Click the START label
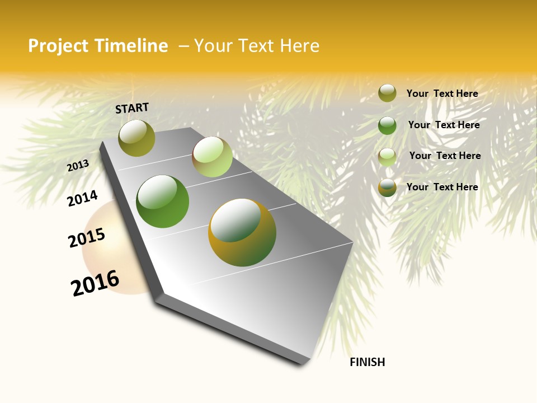pos(132,108)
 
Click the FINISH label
pos(368,362)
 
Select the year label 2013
pos(78,166)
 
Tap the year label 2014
pos(82,198)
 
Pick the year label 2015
pos(87,238)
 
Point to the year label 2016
pos(95,283)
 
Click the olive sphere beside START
pos(136,138)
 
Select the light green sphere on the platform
pos(212,157)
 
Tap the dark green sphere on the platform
pos(163,201)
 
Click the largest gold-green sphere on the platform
pos(242,232)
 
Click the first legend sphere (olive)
pos(387,93)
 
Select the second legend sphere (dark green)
pos(387,125)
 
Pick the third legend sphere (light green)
pos(387,157)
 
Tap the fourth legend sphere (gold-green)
pos(387,188)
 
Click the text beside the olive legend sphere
pos(442,93)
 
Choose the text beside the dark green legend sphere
pos(444,125)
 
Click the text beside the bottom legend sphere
pos(442,187)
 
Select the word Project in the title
pos(59,46)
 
